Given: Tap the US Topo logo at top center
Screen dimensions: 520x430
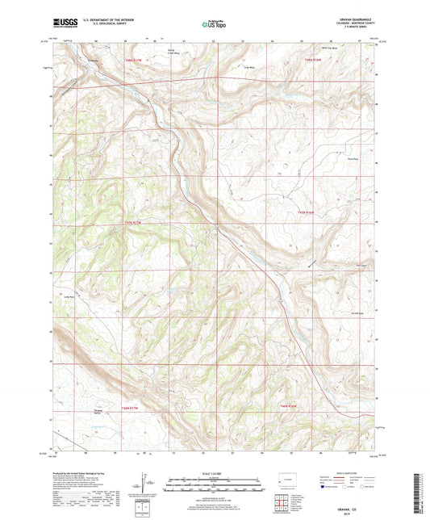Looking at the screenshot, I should point(207,25).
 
